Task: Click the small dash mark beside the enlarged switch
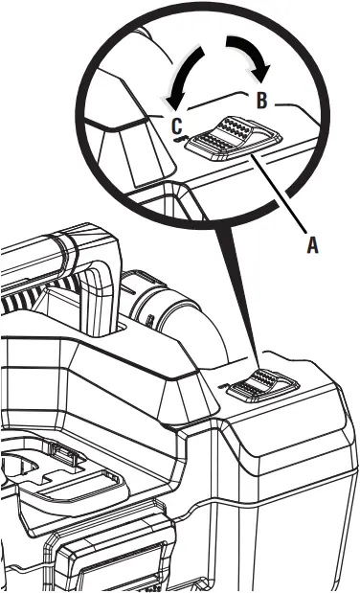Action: pyautogui.click(x=179, y=140)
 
